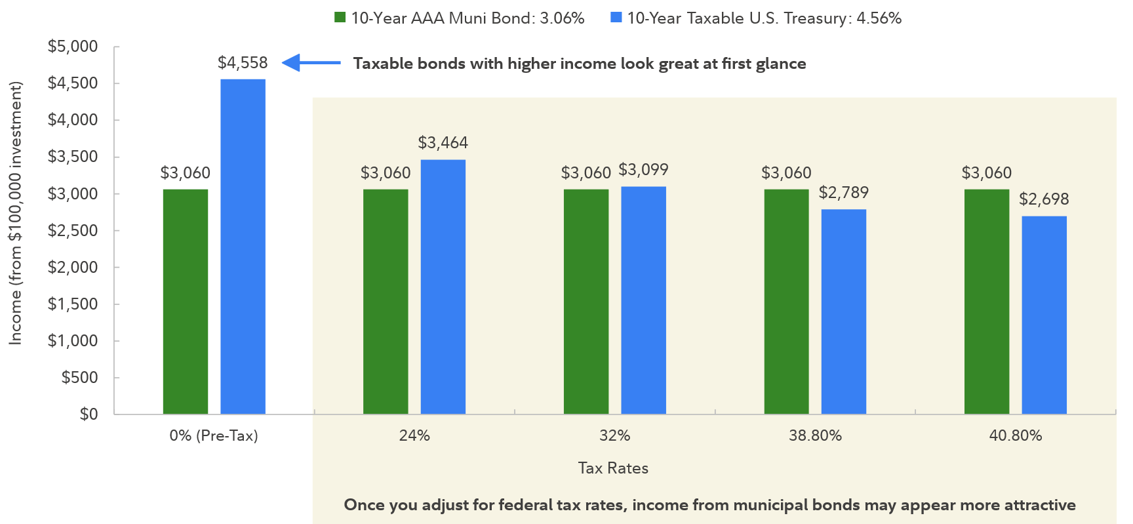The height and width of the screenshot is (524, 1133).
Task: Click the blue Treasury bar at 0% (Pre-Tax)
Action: [243, 246]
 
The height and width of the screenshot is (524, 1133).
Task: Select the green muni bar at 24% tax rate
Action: [386, 302]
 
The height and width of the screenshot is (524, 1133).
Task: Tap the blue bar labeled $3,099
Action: [643, 300]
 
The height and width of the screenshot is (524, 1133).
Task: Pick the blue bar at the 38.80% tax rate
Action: [843, 312]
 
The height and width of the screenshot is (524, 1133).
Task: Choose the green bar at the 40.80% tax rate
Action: [986, 302]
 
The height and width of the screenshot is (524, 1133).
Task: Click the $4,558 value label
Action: [243, 63]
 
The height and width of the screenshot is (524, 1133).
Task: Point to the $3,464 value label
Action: [443, 143]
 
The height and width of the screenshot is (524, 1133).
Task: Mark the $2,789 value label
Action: [843, 193]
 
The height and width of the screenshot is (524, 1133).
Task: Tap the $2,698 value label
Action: [1043, 199]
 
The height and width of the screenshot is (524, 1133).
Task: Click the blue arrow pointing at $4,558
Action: [310, 63]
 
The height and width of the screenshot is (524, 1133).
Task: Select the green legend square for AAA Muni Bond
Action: [340, 18]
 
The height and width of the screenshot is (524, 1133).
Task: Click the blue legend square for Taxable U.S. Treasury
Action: [616, 18]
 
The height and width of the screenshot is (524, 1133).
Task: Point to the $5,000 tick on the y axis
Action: [73, 47]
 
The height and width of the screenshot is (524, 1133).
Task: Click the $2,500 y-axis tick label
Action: [73, 231]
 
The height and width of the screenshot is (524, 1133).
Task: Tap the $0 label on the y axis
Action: [89, 414]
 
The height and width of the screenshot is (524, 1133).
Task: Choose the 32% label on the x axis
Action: [614, 435]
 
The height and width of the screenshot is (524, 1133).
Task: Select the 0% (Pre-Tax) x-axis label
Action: [214, 435]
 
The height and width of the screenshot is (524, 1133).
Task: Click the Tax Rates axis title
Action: [613, 468]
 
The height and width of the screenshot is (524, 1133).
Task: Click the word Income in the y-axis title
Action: [15, 317]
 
